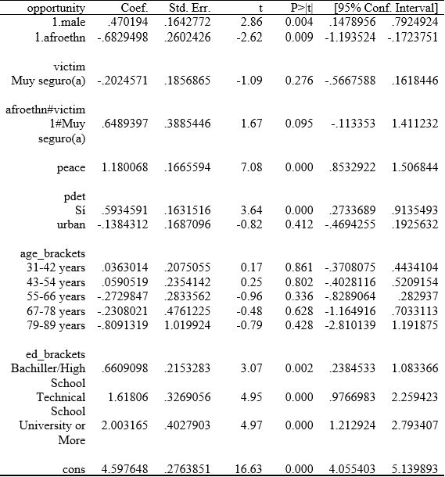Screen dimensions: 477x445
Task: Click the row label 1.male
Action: (x=66, y=23)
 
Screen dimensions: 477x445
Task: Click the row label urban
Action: (x=71, y=225)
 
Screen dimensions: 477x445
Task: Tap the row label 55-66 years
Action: (x=55, y=297)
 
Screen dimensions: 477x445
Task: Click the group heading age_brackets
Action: (x=52, y=254)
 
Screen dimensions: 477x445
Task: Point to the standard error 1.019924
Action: (x=187, y=325)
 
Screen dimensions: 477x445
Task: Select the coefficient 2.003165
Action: (x=124, y=426)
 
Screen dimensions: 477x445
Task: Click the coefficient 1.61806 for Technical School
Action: (x=126, y=397)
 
